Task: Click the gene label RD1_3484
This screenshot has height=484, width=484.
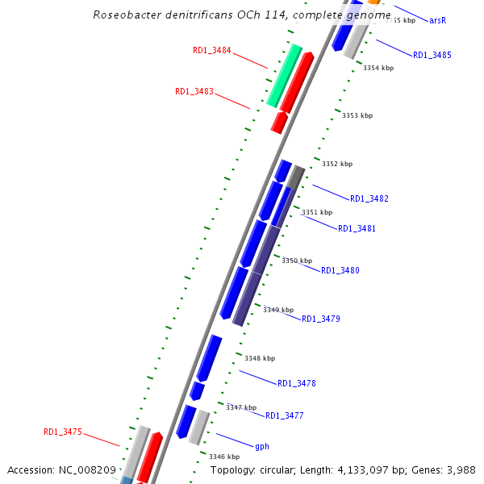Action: pos(212,51)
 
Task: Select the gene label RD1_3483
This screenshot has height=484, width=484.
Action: pos(194,92)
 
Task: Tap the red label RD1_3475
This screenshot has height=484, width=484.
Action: pos(63,432)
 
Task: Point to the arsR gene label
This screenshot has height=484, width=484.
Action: pos(438,20)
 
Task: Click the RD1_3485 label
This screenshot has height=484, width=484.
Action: pos(432,56)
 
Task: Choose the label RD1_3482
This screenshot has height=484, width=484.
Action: pos(369,199)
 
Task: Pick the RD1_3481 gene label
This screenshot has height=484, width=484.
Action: pos(357,229)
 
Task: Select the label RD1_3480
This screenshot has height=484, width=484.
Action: pos(340,271)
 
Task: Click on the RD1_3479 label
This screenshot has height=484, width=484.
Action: pos(321,319)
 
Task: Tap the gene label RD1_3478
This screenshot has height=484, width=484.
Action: pos(297,384)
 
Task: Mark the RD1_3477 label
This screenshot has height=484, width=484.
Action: pos(285,416)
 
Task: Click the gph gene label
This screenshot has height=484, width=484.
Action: pos(262,447)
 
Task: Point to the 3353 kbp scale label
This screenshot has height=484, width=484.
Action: pos(357,116)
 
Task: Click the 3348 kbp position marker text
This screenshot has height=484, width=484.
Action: pos(260,358)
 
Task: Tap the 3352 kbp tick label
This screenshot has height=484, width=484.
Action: pos(337,164)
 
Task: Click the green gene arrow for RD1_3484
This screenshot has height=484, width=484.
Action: pos(283,77)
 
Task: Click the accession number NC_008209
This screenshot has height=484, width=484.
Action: pos(89,469)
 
